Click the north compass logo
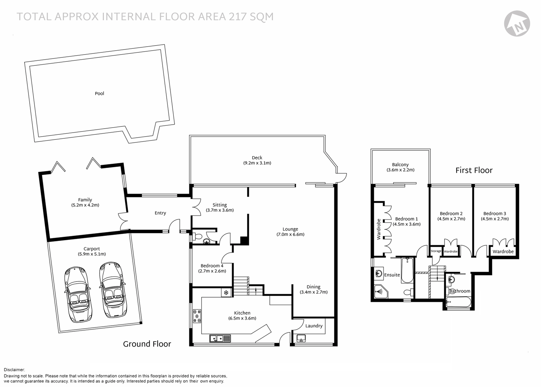tap(517, 23)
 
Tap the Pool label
tap(99, 94)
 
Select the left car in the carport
tap(78, 294)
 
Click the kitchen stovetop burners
tap(197, 316)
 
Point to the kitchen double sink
tap(220, 338)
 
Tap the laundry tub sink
tap(301, 338)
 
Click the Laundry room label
tap(314, 326)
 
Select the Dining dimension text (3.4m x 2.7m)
tap(313, 292)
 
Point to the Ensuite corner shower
tap(381, 291)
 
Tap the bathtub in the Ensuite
tap(407, 270)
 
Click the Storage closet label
tap(436, 251)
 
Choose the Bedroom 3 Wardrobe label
tap(503, 251)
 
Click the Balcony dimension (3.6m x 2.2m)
tap(400, 170)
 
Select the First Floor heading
tap(474, 171)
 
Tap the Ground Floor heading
tap(147, 344)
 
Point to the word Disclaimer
tap(14, 370)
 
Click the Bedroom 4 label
tap(212, 266)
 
